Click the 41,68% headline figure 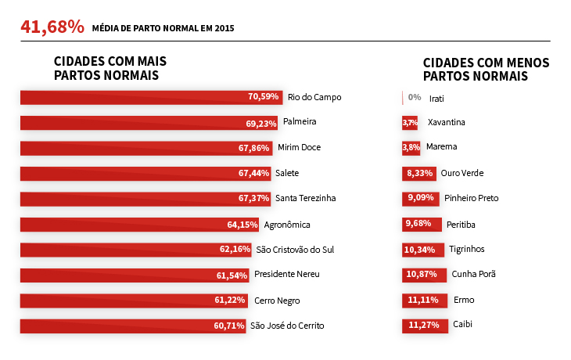coord(52,27)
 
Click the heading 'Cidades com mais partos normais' coord(110,68)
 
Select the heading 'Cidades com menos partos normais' coord(485,69)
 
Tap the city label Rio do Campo coord(314,97)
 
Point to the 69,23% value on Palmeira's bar coord(262,123)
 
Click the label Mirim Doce coord(299,147)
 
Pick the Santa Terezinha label coord(305,198)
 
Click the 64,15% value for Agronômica coord(242,225)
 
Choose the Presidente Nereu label coord(287,275)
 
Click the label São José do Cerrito coord(287,326)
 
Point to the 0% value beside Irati coord(415,98)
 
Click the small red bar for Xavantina coord(410,123)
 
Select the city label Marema coord(442,146)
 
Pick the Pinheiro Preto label coord(471,198)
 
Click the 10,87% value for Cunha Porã coord(422,275)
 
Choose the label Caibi coord(462,324)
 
